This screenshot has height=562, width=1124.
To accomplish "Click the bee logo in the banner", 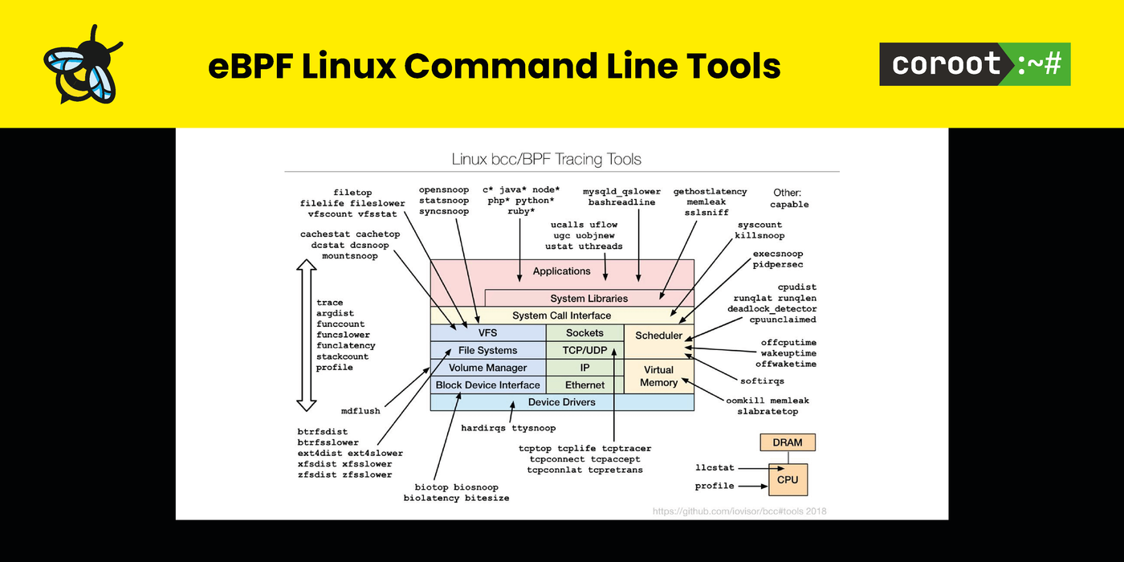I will pos(83,63).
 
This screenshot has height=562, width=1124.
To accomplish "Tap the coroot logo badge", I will pos(975,64).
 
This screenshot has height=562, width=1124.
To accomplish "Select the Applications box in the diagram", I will pos(561,271).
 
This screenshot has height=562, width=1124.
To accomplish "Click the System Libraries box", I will pos(588,299).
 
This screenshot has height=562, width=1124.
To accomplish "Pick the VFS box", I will pos(487,332).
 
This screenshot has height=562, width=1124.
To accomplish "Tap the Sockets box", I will pos(584,332).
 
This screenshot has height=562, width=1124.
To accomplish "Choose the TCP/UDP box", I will pos(584,350).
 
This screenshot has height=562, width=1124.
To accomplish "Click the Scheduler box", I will pos(658,336).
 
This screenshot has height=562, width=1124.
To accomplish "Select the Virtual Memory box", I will pos(658,376).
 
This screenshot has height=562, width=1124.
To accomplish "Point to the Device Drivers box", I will pos(561,401).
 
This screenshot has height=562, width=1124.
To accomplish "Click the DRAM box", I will pos(788,442).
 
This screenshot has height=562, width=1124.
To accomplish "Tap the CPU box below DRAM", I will pos(788,479).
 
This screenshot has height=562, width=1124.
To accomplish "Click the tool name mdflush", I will pos(360,411).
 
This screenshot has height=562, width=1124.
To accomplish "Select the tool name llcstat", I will pos(715,467).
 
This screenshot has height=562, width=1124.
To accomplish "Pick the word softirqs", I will pos(762,381).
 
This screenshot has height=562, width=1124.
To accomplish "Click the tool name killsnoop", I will pos(760,235).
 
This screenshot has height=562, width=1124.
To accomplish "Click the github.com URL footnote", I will pos(739,511).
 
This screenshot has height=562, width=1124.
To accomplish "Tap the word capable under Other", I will pos(789,205).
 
